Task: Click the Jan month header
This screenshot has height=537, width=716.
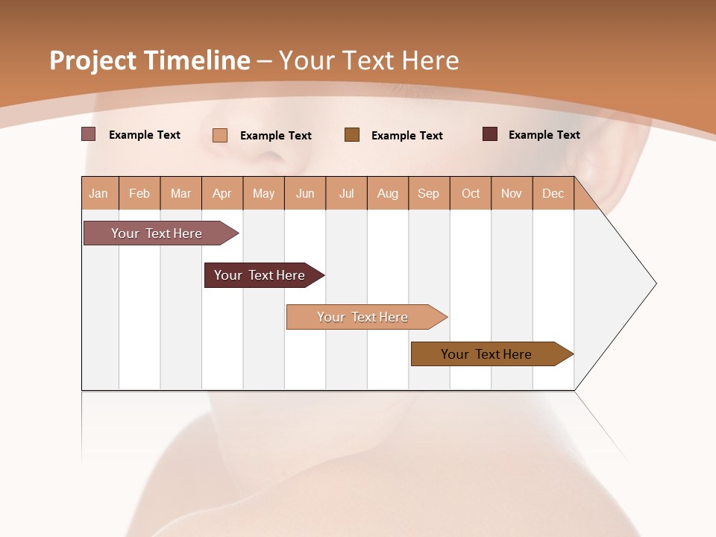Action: coord(99,193)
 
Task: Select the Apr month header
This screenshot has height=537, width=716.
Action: coord(222,193)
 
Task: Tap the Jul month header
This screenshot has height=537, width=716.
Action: coord(347,193)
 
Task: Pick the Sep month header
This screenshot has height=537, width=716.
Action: coord(429,193)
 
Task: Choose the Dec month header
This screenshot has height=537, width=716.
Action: coord(553,193)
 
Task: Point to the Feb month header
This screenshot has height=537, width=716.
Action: coord(139,193)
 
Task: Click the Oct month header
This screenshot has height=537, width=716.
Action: coord(471,193)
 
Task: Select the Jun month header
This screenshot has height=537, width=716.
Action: coord(305,193)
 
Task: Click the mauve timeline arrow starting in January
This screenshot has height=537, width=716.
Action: coord(157,233)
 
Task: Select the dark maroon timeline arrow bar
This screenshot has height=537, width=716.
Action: coord(260,275)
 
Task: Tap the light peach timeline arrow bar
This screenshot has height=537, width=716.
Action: coord(363,317)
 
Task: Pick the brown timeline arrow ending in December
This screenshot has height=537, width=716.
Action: coord(487,354)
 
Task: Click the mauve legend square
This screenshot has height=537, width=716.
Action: coord(89,134)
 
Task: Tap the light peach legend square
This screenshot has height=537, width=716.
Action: coord(220,135)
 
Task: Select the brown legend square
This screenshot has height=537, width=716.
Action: coord(352,134)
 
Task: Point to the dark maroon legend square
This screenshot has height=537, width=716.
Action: coord(490,134)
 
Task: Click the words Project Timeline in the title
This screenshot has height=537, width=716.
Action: coord(149,60)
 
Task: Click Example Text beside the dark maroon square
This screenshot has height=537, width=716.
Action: coord(544,135)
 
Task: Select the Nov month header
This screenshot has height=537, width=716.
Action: coord(512,193)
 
